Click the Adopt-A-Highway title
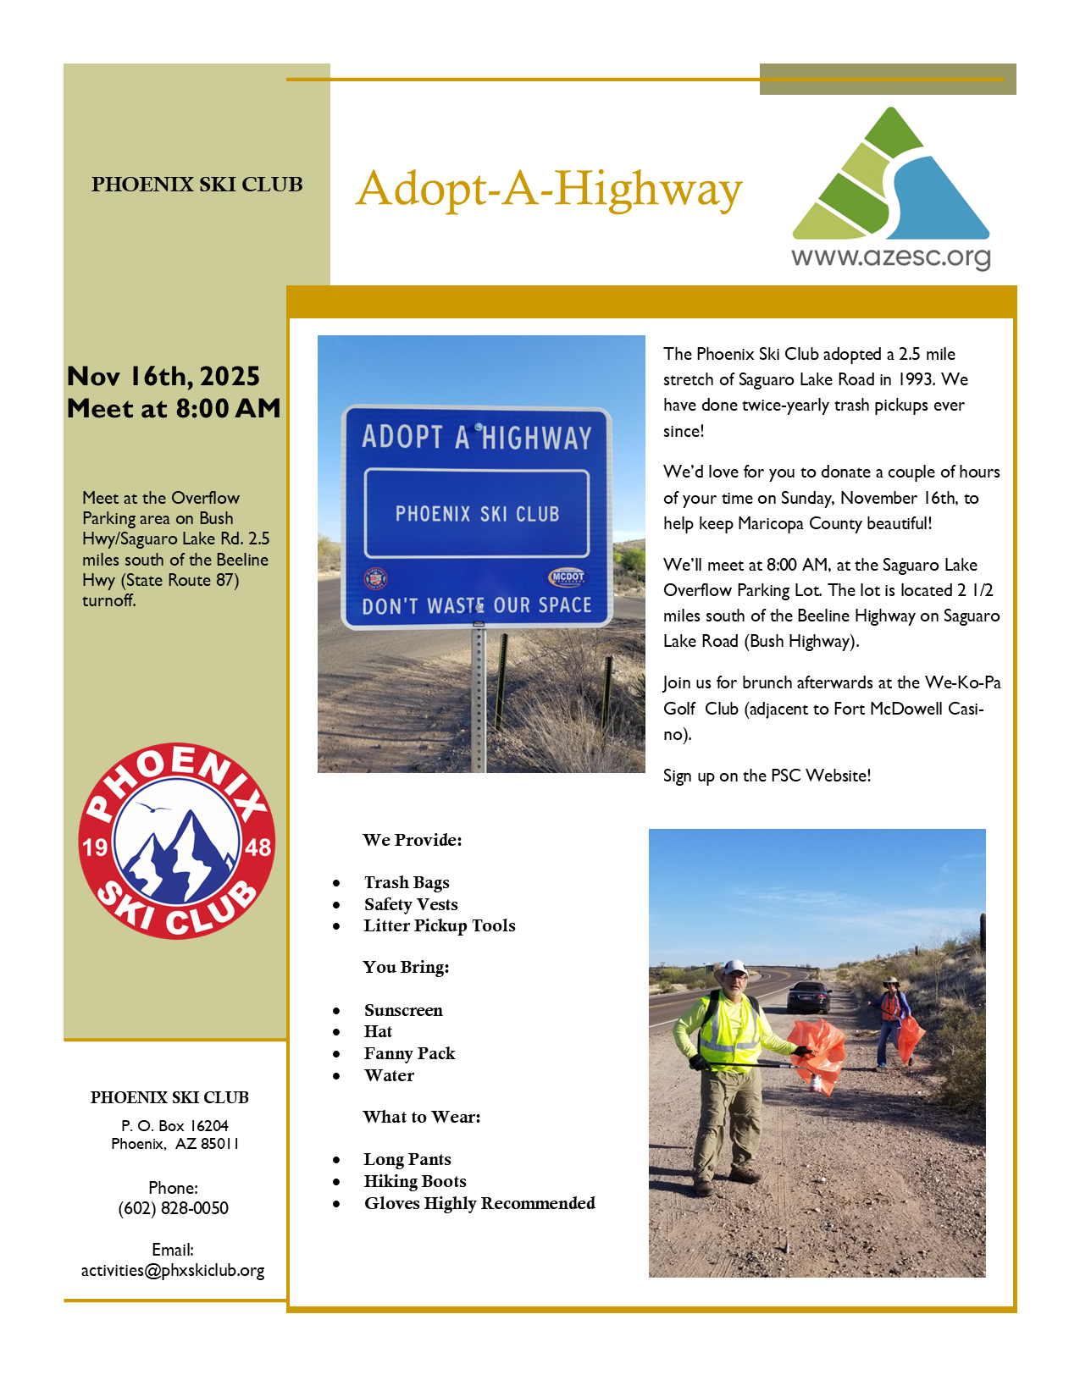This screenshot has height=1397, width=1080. (549, 189)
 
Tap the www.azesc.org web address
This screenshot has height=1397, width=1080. (891, 257)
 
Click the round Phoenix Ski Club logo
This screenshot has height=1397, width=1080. (176, 841)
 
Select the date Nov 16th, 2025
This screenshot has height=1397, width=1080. (163, 376)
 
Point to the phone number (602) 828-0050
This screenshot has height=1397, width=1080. (174, 1208)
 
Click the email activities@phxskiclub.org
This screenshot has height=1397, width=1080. (173, 1271)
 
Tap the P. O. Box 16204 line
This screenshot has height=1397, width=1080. (174, 1126)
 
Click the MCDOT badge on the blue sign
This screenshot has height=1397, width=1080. (568, 577)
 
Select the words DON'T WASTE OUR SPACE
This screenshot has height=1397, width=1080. (477, 605)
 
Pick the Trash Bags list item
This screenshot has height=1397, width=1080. (407, 883)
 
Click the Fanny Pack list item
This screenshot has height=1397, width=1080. (409, 1054)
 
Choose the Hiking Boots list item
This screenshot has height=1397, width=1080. (415, 1182)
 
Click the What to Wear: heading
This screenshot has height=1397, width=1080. (422, 1118)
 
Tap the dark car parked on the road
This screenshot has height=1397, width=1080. (809, 997)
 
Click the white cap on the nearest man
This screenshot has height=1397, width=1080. (735, 967)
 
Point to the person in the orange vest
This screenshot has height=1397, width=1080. (889, 1020)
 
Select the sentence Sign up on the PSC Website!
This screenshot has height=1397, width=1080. (767, 776)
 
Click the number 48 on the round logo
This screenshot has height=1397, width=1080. (258, 847)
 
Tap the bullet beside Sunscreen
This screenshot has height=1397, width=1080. (336, 1011)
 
